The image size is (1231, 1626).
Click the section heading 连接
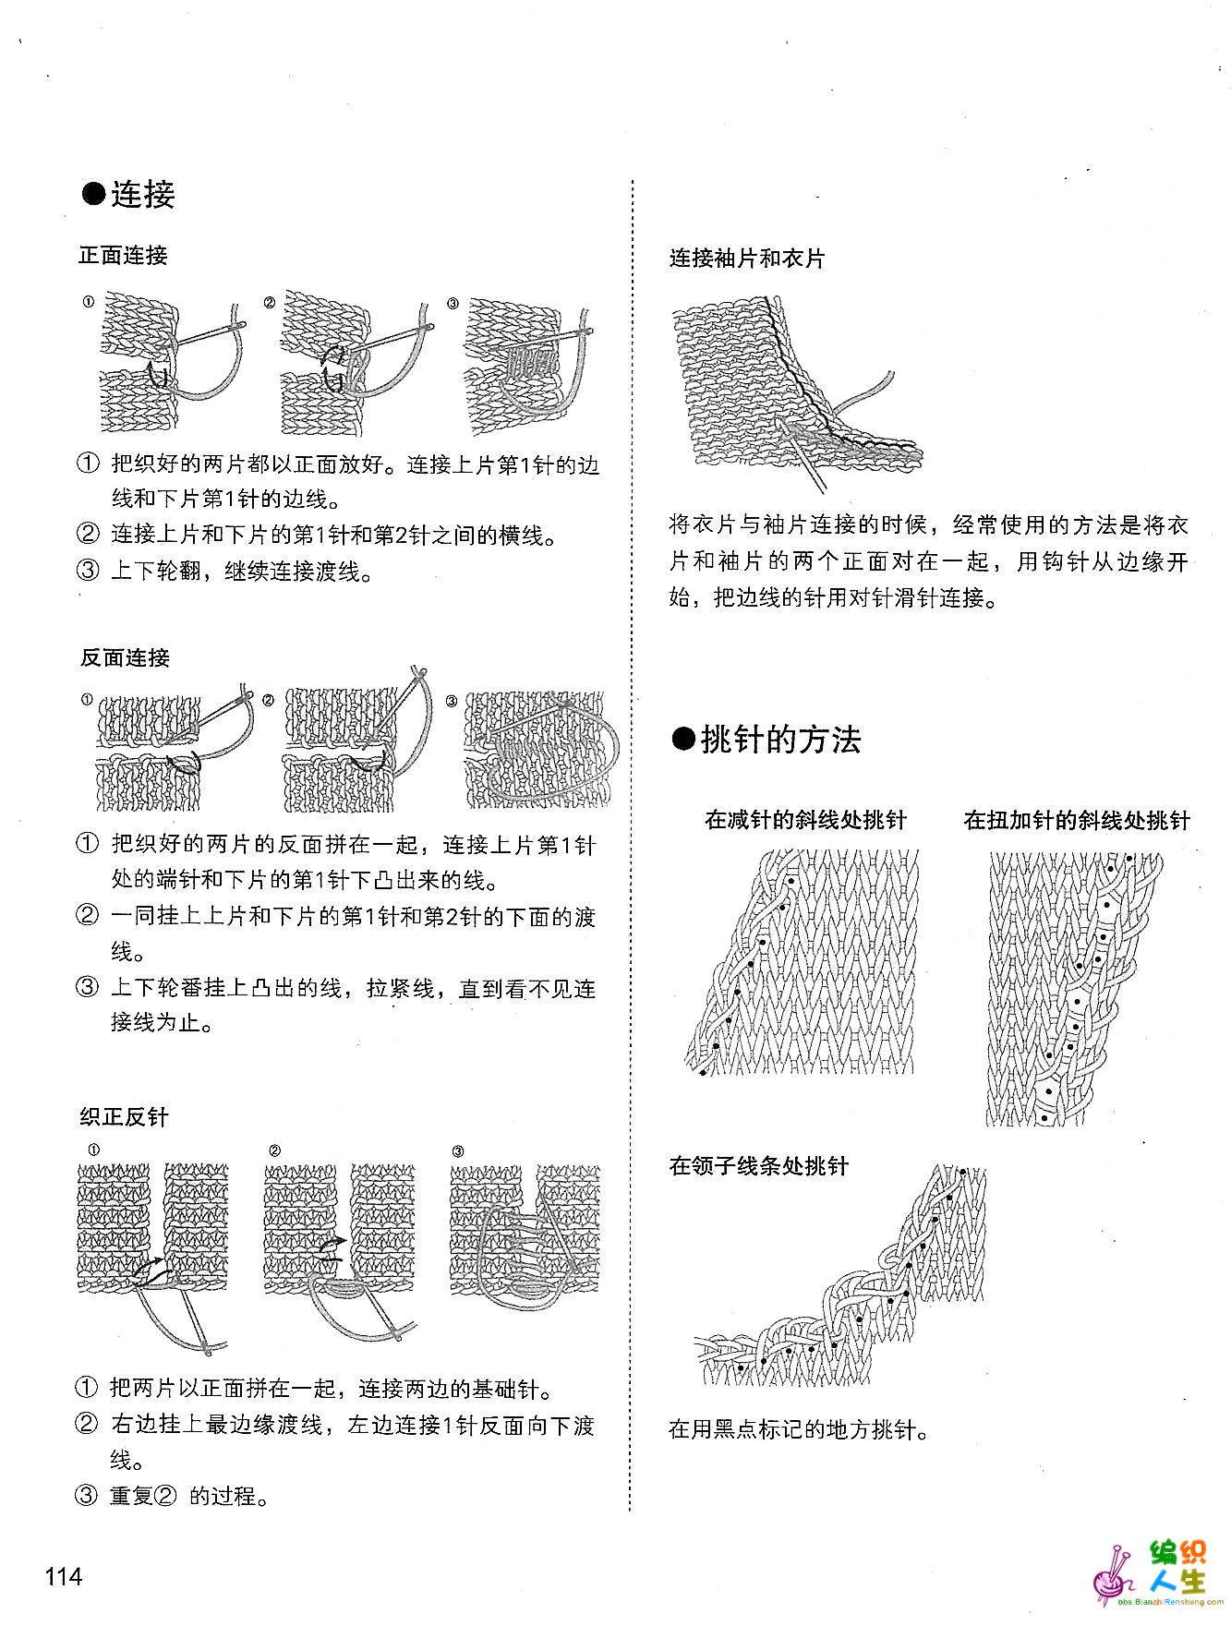tap(128, 195)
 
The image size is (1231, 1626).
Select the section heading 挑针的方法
tap(766, 739)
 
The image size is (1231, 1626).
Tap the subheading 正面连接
tap(124, 255)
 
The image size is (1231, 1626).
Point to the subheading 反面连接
tap(125, 657)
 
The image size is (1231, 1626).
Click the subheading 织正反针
tap(124, 1116)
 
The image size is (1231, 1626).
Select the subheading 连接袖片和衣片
tap(747, 258)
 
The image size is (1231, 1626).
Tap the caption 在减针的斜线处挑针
tap(805, 819)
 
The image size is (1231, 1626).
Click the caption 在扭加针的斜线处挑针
tap(1077, 819)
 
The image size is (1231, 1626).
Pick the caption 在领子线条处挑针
tap(758, 1165)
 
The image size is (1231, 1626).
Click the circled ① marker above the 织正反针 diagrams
tap(93, 1150)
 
